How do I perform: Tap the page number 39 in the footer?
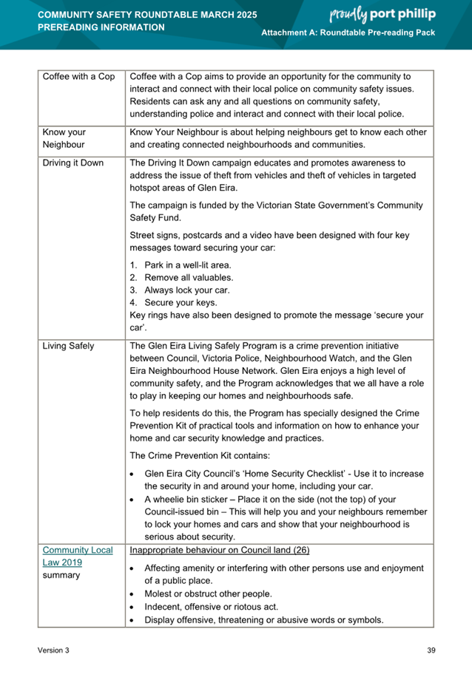click(x=431, y=650)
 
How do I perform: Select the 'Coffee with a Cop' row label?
click(x=79, y=77)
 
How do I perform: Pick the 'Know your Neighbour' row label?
click(x=64, y=138)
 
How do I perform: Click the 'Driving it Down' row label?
click(x=73, y=163)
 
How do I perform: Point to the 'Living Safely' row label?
click(x=68, y=345)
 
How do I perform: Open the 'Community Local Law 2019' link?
click(x=77, y=556)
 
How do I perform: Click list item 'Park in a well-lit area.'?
click(x=187, y=265)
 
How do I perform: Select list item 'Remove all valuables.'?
click(x=189, y=277)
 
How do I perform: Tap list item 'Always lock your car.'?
click(x=187, y=290)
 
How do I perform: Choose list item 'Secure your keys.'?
click(x=181, y=302)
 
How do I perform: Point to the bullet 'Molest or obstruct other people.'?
click(x=208, y=594)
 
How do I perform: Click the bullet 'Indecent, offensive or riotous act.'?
click(x=211, y=607)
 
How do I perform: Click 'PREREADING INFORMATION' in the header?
click(x=101, y=27)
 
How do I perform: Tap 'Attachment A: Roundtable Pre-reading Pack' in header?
click(x=348, y=35)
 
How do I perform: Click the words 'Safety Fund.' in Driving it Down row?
click(x=157, y=217)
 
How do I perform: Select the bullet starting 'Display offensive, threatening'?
click(x=263, y=620)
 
